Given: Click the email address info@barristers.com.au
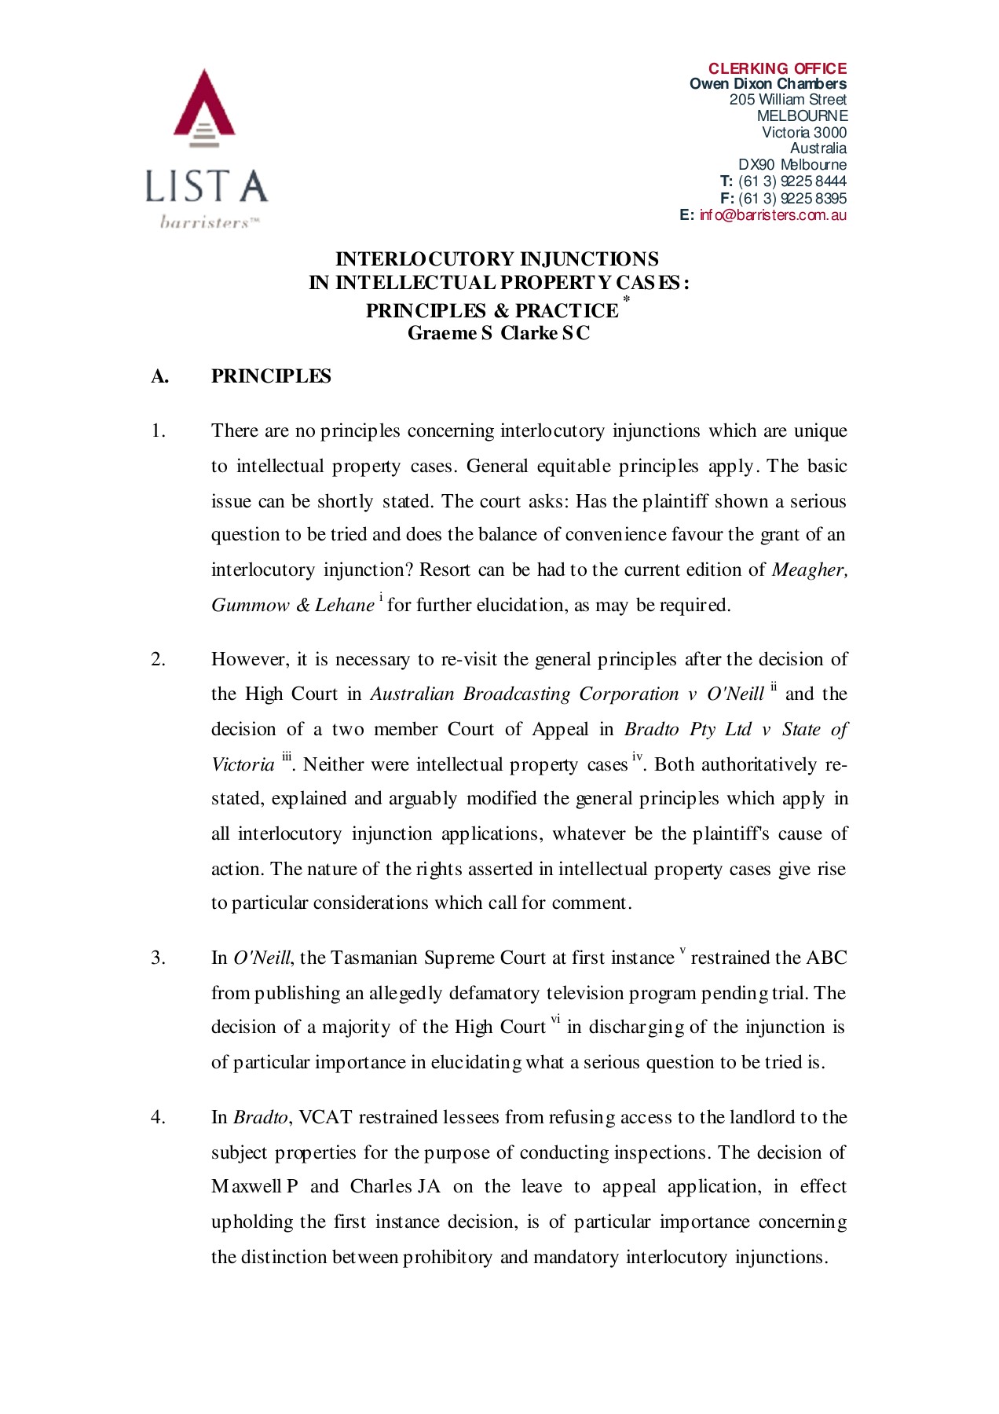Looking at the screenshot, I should [x=773, y=215].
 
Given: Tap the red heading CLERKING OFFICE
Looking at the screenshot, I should [x=777, y=68].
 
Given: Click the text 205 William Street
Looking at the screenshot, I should [x=787, y=100].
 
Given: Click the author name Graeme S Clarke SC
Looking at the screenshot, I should [x=498, y=333].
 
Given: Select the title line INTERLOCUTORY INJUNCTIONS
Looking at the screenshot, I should [x=496, y=259].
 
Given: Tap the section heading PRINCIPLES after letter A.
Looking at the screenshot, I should [x=271, y=376].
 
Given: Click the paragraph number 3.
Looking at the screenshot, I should [x=158, y=958].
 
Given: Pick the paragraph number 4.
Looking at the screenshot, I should [x=158, y=1117].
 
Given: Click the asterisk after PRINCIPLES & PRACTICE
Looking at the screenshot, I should [x=626, y=299].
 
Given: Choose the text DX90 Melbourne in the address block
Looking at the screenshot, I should [x=792, y=165].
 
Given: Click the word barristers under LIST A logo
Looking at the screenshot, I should [x=206, y=222].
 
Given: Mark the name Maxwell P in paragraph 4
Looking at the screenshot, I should [x=254, y=1186].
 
